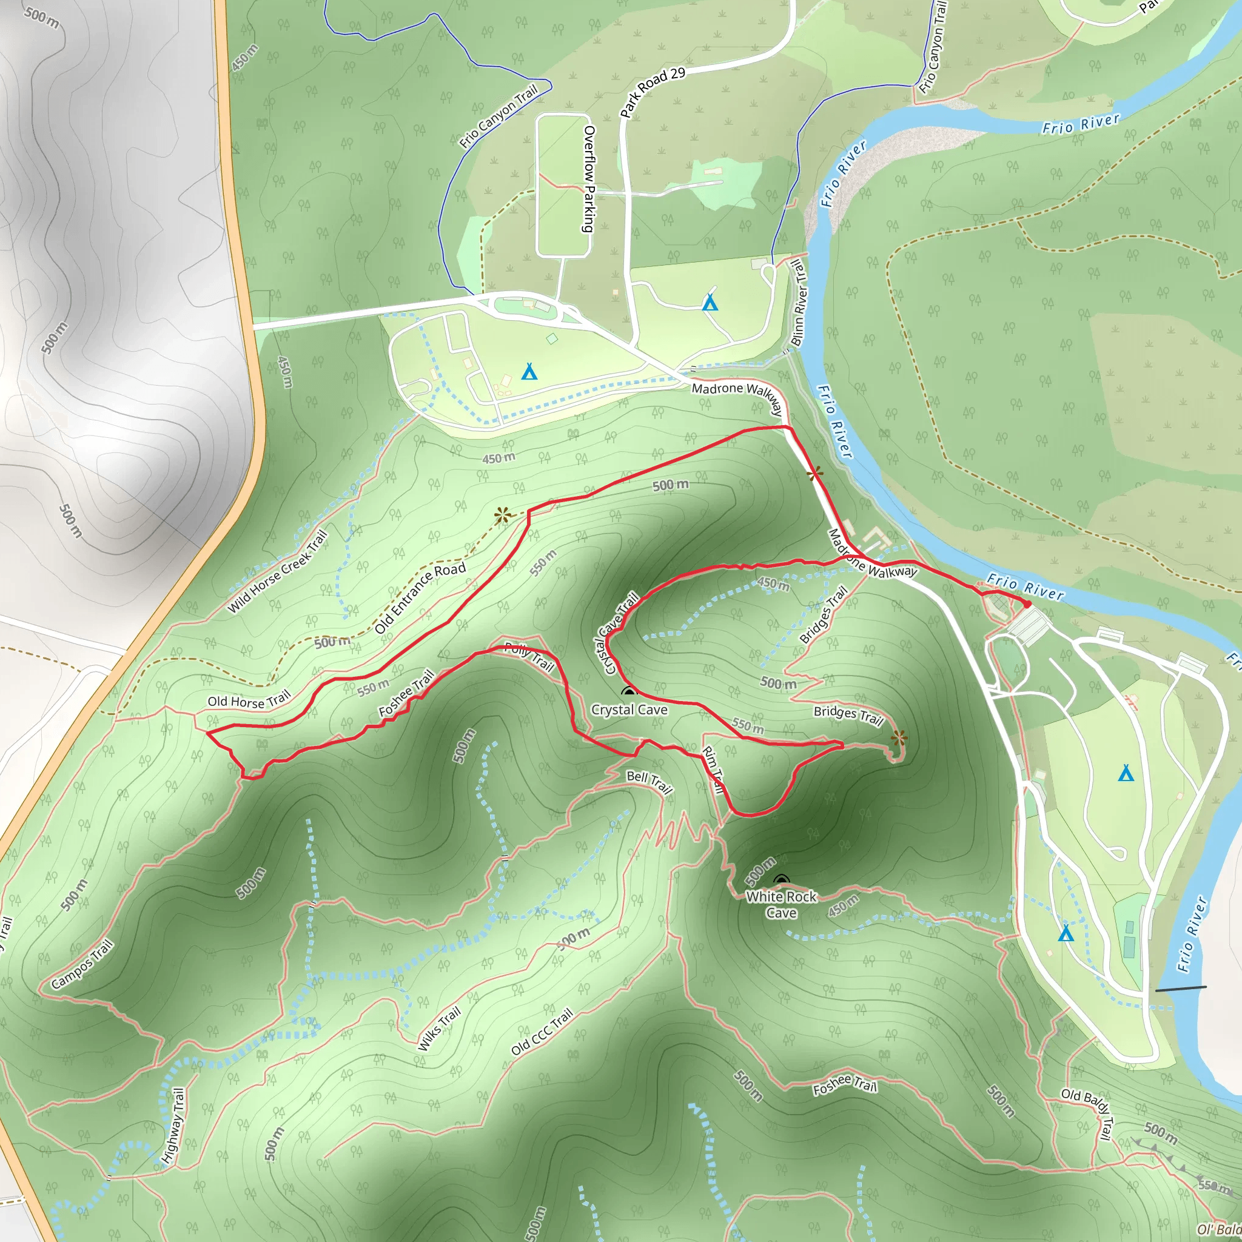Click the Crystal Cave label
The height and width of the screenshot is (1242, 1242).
pos(629,710)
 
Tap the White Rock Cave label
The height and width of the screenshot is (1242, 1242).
pos(781,904)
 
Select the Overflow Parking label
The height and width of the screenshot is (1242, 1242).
pos(588,179)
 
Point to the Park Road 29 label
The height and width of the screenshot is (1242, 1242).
pos(653,92)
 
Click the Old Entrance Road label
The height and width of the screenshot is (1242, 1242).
pos(420,598)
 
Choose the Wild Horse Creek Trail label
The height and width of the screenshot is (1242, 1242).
pos(278,571)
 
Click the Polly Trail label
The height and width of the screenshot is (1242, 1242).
pos(529,657)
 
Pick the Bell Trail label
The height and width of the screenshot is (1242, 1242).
pos(650,782)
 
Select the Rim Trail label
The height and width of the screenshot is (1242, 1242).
pos(713,770)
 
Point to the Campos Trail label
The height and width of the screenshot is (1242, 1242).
pos(82,964)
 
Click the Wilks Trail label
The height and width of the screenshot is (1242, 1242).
pos(440,1029)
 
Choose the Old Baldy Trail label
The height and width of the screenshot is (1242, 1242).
pos(1086,1113)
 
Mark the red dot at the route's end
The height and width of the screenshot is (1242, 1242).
pos(1027,604)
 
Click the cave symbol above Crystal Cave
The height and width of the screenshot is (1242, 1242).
pos(629,693)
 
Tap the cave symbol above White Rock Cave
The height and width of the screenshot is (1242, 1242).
pos(781,879)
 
